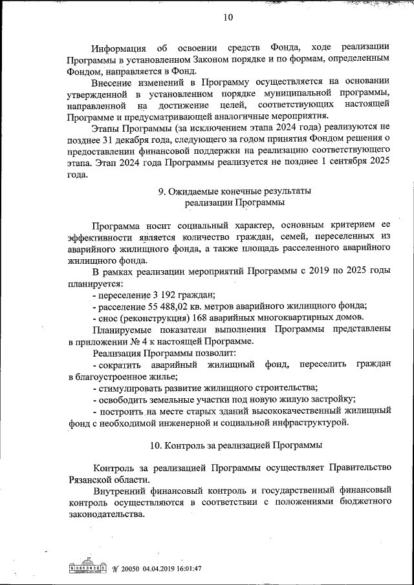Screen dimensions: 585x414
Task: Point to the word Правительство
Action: click(357, 468)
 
